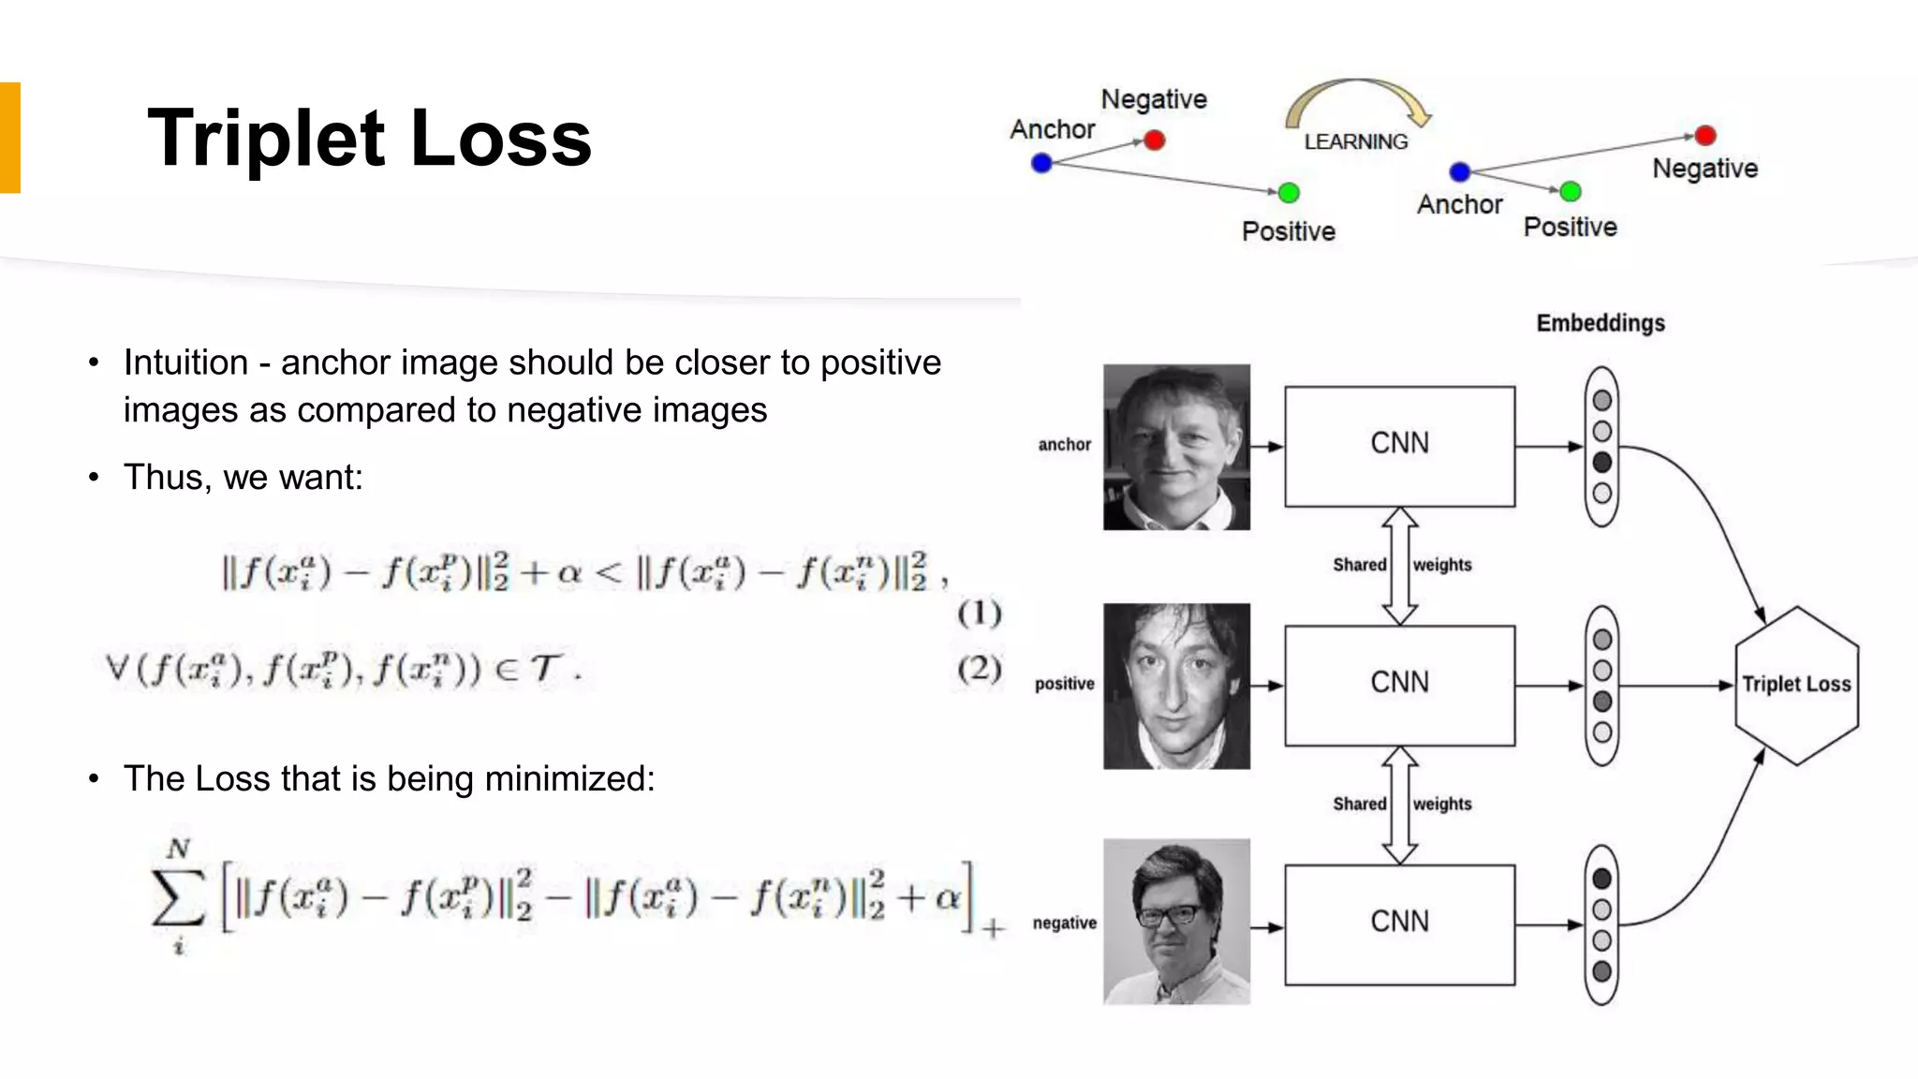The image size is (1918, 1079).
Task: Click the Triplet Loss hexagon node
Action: [1795, 685]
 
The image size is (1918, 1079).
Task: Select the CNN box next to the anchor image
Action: [1399, 446]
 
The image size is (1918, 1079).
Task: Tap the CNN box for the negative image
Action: [1399, 924]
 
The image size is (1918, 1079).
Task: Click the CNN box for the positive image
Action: [1399, 685]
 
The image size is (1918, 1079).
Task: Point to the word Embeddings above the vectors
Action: [1600, 323]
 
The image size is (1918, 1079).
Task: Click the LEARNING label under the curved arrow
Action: [1355, 141]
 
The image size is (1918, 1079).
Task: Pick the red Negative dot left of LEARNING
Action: [1154, 140]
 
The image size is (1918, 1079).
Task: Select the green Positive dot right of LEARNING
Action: [1571, 192]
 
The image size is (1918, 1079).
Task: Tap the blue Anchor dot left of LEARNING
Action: [1041, 163]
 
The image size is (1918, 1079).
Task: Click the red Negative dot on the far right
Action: [1705, 136]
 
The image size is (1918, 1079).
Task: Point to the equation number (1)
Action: [980, 613]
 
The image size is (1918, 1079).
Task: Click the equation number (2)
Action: [980, 669]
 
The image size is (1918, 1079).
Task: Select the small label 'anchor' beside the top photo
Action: [1064, 445]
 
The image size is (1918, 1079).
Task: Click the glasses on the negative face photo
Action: [1167, 914]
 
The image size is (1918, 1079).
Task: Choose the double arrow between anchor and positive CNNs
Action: [1399, 566]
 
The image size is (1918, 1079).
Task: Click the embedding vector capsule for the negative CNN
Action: [1601, 925]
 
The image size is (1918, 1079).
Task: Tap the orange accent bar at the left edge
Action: [9, 138]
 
